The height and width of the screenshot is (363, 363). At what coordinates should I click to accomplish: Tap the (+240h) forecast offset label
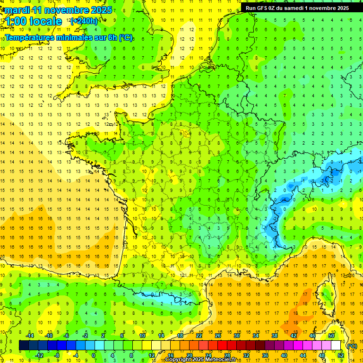(84, 21)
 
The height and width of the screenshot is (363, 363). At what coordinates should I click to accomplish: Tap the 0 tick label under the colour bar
(94, 355)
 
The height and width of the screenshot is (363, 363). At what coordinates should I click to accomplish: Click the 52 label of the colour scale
(341, 355)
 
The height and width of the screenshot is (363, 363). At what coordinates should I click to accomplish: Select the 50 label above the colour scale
(331, 335)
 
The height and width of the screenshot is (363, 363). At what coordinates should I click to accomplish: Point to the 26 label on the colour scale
(218, 335)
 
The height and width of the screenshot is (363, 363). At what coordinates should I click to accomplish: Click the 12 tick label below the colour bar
(151, 355)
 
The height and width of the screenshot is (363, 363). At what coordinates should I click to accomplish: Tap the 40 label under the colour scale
(284, 355)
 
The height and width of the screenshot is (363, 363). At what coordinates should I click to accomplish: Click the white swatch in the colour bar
(336, 346)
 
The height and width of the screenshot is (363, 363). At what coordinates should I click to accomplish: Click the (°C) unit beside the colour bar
(352, 346)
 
